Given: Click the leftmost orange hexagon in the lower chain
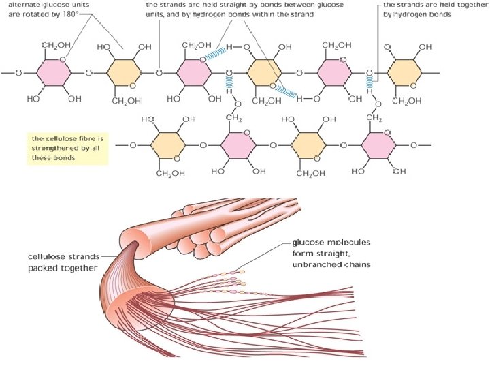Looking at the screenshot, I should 165,145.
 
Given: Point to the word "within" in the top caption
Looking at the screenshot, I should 259,15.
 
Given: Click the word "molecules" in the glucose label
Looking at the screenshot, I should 346,243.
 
